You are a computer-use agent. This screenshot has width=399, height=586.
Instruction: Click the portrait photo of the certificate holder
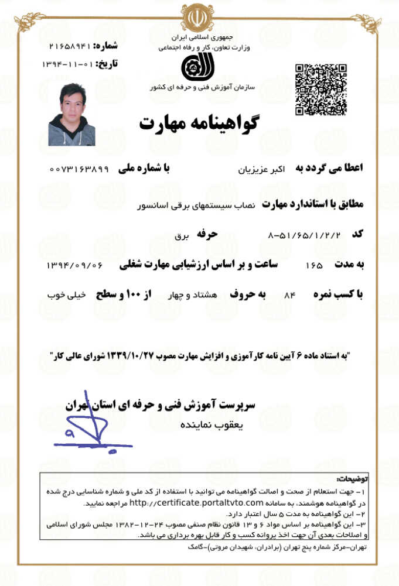(x=71, y=115)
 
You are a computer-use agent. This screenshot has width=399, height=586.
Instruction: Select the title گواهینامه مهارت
(x=199, y=123)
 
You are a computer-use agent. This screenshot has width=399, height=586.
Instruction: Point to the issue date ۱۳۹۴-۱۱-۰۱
(x=67, y=63)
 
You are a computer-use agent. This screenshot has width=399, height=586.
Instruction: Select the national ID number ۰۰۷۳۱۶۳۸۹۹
(x=79, y=169)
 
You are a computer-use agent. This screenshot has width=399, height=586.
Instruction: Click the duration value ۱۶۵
(x=314, y=266)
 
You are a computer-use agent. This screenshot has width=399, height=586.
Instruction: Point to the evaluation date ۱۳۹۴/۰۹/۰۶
(x=74, y=265)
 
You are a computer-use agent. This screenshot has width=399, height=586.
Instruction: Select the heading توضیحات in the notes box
(x=354, y=478)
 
